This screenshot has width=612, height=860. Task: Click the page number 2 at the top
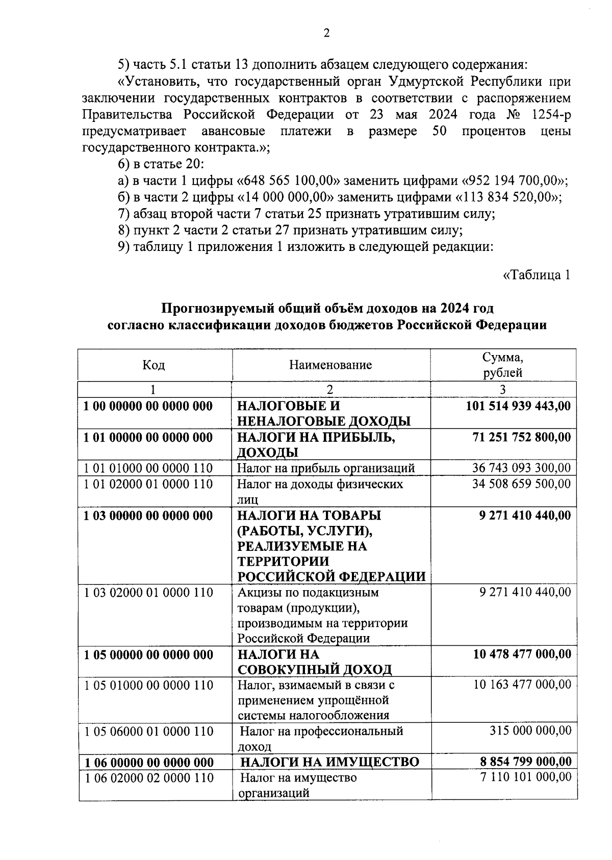point(326,33)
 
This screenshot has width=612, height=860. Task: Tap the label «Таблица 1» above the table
point(536,275)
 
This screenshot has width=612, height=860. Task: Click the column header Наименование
point(330,365)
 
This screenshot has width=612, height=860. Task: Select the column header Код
point(154,365)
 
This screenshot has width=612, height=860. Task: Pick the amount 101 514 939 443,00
point(518,406)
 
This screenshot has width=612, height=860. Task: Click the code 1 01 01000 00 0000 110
point(148,468)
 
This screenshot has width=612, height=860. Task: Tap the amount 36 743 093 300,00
point(521,468)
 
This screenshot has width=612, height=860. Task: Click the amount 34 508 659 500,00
point(521,484)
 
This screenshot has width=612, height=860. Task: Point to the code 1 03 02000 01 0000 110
point(148,593)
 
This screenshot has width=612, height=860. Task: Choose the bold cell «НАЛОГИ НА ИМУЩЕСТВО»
point(329,762)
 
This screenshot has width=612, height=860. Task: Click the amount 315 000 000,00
point(530,731)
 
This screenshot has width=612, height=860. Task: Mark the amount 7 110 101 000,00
point(525,778)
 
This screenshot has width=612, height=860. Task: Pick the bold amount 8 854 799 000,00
point(525,762)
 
